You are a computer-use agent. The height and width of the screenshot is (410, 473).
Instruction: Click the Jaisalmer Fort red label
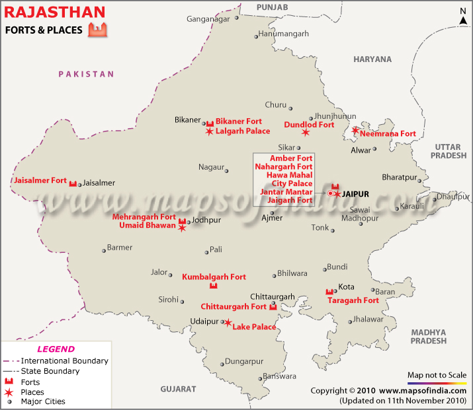coord(40,180)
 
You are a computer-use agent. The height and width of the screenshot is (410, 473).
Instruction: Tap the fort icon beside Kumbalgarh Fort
coord(213,286)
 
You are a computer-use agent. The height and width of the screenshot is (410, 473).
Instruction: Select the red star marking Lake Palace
coord(228,323)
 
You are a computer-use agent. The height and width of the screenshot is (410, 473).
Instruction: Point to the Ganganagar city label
coord(208,18)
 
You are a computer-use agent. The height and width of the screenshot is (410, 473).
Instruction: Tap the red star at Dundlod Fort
coord(306,132)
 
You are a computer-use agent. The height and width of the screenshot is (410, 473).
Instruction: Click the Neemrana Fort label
coord(388,133)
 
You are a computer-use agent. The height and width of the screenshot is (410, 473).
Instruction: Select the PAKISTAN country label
coord(86,75)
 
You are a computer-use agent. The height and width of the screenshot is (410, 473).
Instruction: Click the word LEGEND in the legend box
coord(56,349)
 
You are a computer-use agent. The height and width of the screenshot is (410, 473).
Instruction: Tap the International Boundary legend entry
coord(64,361)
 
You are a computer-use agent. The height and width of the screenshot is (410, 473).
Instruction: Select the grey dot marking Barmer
coord(103,250)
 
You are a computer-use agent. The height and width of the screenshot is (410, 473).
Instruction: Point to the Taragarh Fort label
coord(353,300)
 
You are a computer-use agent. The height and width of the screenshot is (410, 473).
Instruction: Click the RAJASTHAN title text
coord(54,11)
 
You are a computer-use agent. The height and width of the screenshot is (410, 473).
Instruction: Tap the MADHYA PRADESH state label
coord(428,336)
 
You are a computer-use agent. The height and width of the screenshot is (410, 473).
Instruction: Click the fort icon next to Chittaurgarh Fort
coord(273,307)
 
